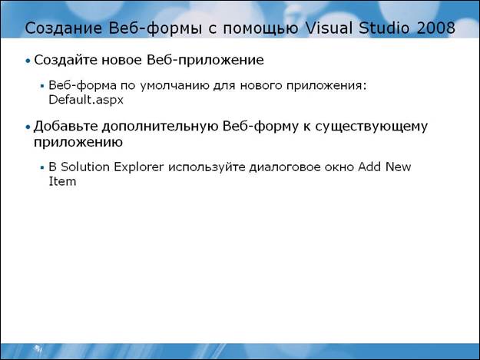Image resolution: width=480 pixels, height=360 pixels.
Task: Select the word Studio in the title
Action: coord(384,28)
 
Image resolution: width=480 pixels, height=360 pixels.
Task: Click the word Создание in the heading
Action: coord(63,28)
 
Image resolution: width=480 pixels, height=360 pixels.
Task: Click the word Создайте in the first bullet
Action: coord(65,60)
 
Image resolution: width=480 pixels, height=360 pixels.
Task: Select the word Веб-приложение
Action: coord(205,61)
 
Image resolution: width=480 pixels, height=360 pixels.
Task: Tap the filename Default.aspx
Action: coord(86,100)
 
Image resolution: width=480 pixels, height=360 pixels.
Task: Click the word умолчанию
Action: coord(174,86)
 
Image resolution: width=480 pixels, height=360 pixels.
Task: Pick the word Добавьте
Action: coord(65,127)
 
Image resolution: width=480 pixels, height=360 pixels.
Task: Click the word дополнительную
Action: coord(159,127)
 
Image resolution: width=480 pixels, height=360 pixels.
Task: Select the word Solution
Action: coord(85,167)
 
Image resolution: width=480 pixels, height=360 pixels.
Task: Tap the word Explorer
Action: coord(139,167)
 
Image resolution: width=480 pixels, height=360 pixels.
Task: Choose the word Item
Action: coord(62,182)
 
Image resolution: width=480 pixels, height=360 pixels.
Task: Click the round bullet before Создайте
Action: coord(28,61)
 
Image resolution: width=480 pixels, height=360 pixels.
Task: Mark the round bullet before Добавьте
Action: coord(28,127)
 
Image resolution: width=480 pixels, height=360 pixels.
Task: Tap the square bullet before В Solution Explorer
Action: coord(42,167)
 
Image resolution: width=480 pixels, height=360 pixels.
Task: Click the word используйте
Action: coord(207,168)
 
